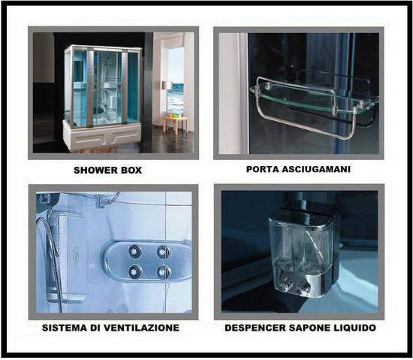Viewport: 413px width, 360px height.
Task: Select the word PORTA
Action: coord(264,170)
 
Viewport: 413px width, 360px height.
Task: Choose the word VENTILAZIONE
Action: coord(144,328)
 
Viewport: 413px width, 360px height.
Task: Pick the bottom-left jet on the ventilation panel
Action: coord(135,271)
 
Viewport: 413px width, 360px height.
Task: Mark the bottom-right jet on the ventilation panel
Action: coord(164,271)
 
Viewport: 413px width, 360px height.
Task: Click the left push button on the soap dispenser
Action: coord(286,285)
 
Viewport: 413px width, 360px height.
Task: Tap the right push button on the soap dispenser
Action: coord(303,288)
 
